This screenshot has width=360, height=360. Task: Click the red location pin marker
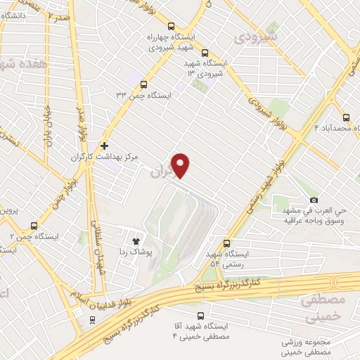(x=181, y=165)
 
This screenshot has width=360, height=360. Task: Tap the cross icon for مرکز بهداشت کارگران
(x=105, y=146)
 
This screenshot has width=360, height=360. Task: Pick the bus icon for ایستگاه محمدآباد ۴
(x=346, y=117)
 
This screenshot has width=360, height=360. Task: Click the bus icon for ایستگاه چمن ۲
(x=34, y=226)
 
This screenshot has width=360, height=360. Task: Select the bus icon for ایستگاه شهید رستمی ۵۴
(x=226, y=241)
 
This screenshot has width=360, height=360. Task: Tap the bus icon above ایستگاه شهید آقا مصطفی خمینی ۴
(x=200, y=316)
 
